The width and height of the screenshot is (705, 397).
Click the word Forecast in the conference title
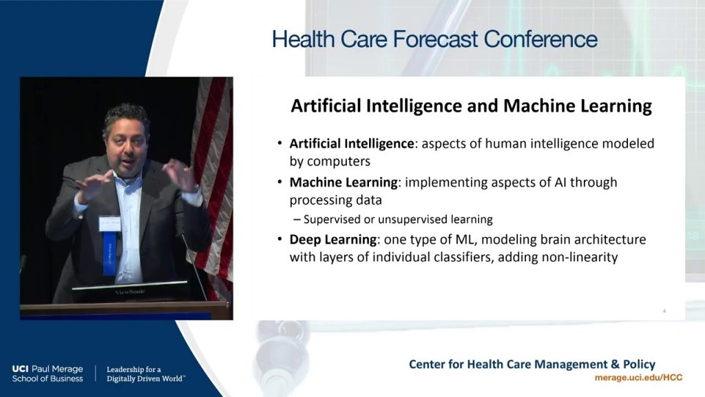point(436,39)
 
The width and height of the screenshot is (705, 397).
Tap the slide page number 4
point(664,311)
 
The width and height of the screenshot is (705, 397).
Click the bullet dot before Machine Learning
point(280,183)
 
